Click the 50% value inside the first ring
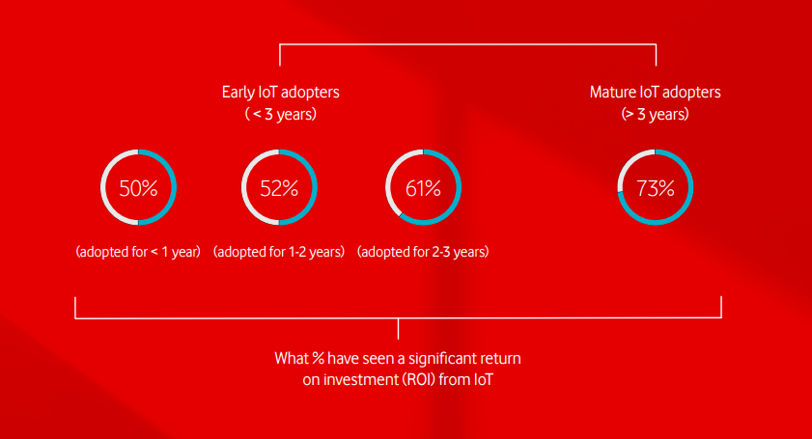pyautogui.click(x=138, y=188)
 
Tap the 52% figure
pyautogui.click(x=279, y=188)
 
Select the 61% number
pyautogui.click(x=423, y=188)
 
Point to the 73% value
pyautogui.click(x=655, y=188)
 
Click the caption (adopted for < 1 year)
pyautogui.click(x=138, y=252)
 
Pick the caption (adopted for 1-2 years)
pyautogui.click(x=279, y=252)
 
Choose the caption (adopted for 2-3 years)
pyautogui.click(x=423, y=252)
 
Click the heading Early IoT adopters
pyautogui.click(x=281, y=93)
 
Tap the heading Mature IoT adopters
pyautogui.click(x=655, y=93)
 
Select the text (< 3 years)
pyautogui.click(x=281, y=114)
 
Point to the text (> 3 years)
pyautogui.click(x=655, y=114)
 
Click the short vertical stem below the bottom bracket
pyautogui.click(x=398, y=329)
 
